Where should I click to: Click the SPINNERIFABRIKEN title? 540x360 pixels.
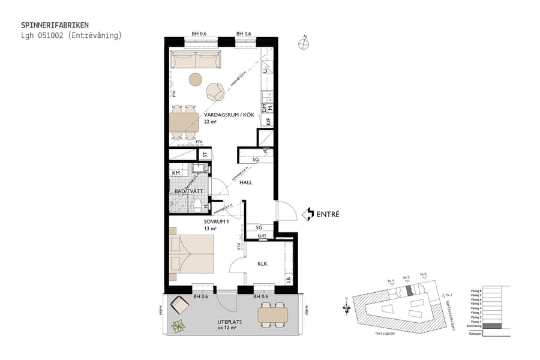coord(55,25)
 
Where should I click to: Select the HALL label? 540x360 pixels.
coord(246,182)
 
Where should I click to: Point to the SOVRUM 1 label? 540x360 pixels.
coord(217,221)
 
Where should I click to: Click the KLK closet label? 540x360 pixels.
coord(262,263)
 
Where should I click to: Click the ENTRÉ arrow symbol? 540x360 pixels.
coord(308,214)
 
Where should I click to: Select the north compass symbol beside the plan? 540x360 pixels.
coord(305,43)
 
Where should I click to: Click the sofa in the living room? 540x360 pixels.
coord(196,60)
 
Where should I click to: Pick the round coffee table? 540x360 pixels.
coord(196,79)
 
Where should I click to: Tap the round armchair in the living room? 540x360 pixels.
coord(215,92)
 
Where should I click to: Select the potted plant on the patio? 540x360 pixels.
coord(178,327)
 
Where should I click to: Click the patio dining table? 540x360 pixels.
coord(274,314)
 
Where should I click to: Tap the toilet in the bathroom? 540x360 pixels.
coord(199,206)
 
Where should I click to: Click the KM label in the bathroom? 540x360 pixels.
coord(176,173)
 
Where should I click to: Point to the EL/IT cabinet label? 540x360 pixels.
coord(262,236)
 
